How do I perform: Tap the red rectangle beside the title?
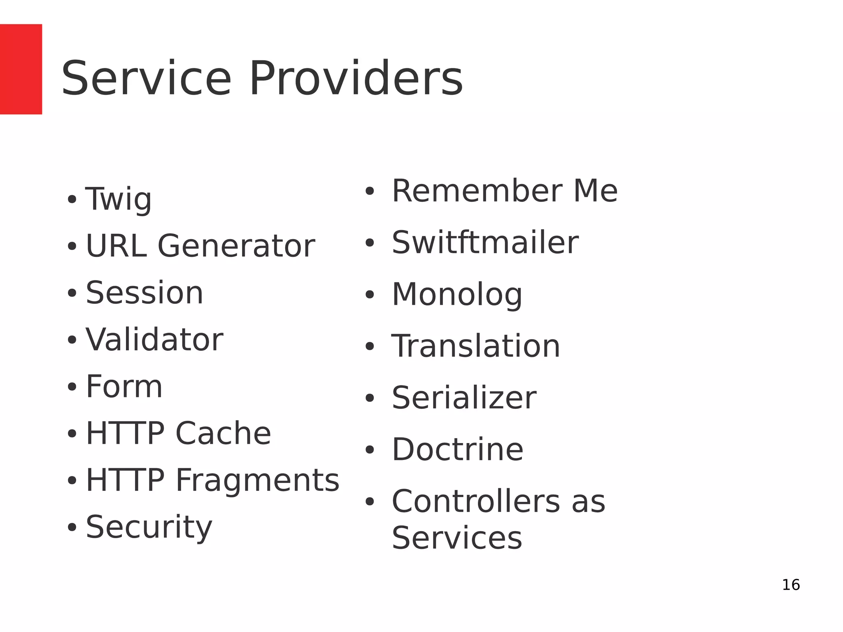click(x=21, y=69)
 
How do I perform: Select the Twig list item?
click(x=119, y=199)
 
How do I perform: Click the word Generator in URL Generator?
click(x=236, y=246)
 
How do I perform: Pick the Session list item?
click(x=144, y=293)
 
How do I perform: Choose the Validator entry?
click(x=154, y=340)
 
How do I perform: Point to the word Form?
click(x=124, y=387)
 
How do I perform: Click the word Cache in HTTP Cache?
click(x=223, y=434)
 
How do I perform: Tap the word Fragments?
click(x=257, y=480)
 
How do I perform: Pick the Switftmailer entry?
click(x=485, y=243)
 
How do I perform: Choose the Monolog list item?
click(x=457, y=295)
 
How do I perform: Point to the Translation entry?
click(x=476, y=346)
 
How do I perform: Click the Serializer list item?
click(x=464, y=398)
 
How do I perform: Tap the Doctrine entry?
click(x=457, y=449)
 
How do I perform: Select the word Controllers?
click(x=476, y=501)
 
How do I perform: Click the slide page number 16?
click(x=791, y=585)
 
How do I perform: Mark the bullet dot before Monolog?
click(x=370, y=295)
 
